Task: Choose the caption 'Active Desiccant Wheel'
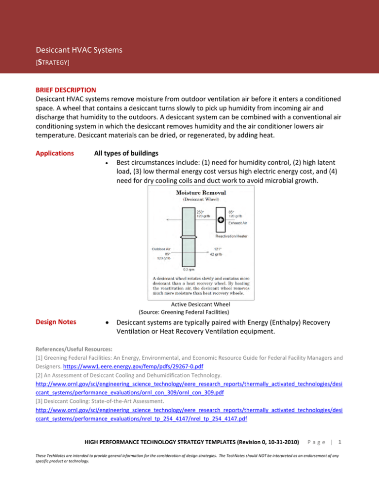click(x=195, y=305)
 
